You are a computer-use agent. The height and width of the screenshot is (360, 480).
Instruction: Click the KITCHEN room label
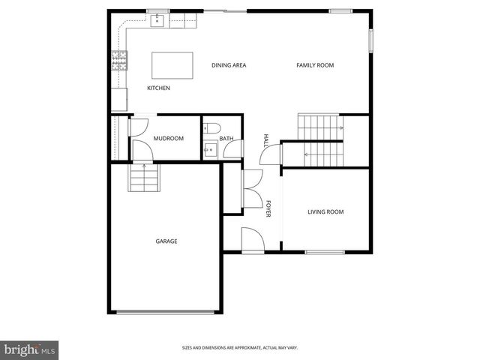158,88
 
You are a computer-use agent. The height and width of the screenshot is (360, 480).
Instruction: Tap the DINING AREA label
229,65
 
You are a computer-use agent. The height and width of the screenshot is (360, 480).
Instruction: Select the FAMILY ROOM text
315,65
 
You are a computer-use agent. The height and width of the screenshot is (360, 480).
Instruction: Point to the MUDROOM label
169,139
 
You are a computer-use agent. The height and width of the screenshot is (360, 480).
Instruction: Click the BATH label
226,139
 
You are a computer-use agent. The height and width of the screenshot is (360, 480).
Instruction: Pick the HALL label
265,140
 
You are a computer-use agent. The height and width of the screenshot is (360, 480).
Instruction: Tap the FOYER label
268,208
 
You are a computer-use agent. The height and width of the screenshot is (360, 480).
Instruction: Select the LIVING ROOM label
325,212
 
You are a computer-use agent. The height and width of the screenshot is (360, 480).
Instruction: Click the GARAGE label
166,241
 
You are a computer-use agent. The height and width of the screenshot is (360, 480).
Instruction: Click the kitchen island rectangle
172,65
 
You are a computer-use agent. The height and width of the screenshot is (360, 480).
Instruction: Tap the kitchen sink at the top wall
157,20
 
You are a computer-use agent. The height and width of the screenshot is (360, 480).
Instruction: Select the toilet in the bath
211,127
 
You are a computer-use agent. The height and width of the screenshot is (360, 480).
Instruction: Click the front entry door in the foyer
252,241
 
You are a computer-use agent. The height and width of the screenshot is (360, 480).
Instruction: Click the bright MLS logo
30,349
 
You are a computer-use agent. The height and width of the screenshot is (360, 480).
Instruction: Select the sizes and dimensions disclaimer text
239,348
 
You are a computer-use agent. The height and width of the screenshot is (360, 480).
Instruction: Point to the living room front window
324,251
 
